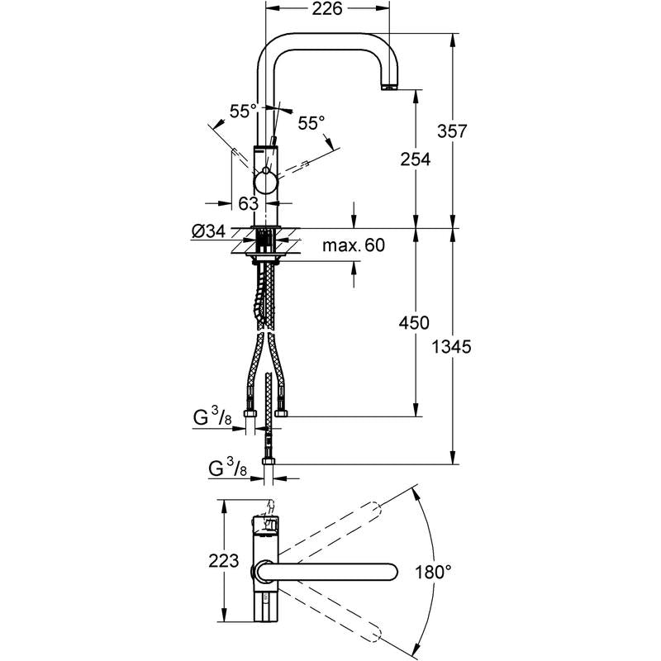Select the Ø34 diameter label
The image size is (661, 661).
pyautogui.click(x=207, y=232)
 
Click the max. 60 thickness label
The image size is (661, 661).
pyautogui.click(x=354, y=245)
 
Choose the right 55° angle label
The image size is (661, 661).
pyautogui.click(x=311, y=124)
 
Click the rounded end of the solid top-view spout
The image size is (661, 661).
pyautogui.click(x=390, y=571)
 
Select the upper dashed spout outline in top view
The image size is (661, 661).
pyautogui.click(x=330, y=529)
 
